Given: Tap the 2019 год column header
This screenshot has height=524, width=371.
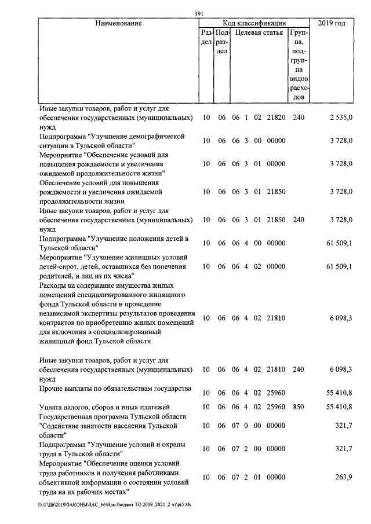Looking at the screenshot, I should [x=332, y=23].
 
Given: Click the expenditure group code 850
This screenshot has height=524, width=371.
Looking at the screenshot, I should [x=298, y=408].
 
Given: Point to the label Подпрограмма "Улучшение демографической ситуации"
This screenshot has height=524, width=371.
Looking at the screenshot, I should [x=111, y=141].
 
